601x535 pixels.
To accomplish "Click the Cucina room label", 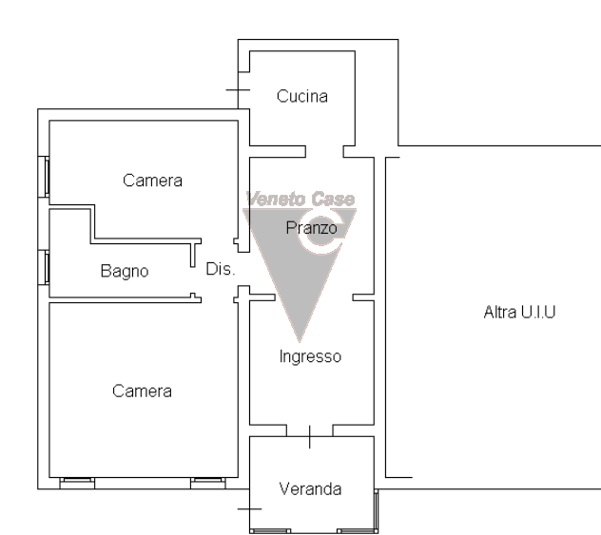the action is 302,96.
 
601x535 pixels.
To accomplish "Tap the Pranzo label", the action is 311,228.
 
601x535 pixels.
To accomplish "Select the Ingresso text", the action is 310,356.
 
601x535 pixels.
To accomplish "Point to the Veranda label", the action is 310,489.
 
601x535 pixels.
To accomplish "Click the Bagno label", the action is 125,271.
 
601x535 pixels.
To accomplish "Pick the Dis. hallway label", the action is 220,269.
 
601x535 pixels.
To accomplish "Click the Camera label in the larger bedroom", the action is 142,391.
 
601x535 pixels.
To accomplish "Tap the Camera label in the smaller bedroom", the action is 152,181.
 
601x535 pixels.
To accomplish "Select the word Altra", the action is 500,312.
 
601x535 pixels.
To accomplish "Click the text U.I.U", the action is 537,312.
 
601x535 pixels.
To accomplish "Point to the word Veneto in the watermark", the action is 276,199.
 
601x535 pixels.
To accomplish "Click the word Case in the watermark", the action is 333,199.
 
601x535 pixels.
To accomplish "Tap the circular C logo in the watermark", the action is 320,235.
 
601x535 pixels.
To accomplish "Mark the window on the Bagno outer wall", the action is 44,267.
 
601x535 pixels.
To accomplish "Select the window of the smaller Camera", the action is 44,177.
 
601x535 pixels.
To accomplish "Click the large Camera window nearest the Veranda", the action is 208,484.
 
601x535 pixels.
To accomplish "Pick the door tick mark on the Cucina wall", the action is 238,90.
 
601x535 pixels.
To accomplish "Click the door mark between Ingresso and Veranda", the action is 310,436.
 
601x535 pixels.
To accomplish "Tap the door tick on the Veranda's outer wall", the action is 249,509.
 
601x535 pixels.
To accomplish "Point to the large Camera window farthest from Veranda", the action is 77,484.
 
